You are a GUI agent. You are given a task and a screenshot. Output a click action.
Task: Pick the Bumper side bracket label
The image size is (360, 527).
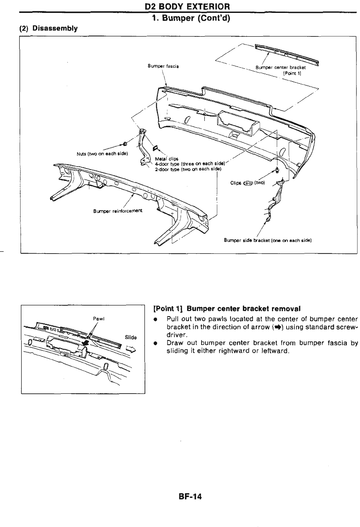pos(268,240)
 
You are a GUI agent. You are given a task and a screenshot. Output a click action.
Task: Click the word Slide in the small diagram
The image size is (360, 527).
pos(131,337)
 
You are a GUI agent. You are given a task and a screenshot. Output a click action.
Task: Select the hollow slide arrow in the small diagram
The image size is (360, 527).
pos(131,347)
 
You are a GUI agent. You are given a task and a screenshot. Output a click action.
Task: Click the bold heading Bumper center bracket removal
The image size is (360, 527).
pos(227,309)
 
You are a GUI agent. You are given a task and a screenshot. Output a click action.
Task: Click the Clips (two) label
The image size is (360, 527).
pos(247,183)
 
